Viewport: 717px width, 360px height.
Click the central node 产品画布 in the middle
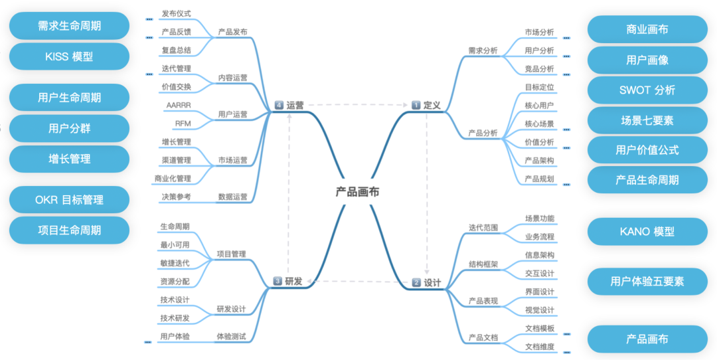coord(357,192)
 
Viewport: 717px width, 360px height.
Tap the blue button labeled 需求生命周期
coord(69,26)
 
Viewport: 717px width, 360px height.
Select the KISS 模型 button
coord(69,56)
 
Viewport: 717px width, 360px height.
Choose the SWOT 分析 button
coord(647,90)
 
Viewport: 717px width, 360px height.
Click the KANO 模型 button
coord(647,232)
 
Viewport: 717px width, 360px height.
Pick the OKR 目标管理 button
coord(69,199)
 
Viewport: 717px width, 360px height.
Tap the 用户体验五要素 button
coord(647,281)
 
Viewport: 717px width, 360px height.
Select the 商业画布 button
coord(647,29)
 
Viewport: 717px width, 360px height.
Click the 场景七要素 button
coord(647,120)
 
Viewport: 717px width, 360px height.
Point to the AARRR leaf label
coord(178,106)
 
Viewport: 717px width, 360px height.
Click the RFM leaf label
coord(183,124)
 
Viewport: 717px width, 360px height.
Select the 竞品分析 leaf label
coord(539,68)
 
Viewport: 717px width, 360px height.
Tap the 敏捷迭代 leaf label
coord(175,263)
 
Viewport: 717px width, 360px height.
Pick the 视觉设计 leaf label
coord(539,310)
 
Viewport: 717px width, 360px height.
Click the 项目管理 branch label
coord(231,254)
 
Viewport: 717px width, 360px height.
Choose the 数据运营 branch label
coord(232,197)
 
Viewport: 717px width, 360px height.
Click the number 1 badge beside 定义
coord(416,105)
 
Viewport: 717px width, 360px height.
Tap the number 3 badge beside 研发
coord(278,282)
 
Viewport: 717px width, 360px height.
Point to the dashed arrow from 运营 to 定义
coord(358,105)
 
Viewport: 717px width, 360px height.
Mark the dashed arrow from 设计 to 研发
coord(358,282)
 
